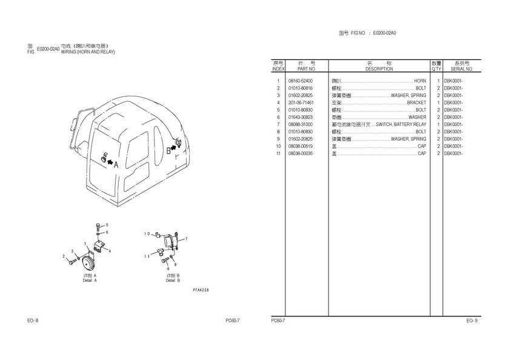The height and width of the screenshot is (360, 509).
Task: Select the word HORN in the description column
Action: pyautogui.click(x=419, y=81)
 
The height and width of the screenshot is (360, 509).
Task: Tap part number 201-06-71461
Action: pyautogui.click(x=301, y=102)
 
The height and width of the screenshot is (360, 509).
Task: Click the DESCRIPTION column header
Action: pyautogui.click(x=379, y=69)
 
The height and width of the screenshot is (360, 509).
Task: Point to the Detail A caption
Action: pyautogui.click(x=90, y=280)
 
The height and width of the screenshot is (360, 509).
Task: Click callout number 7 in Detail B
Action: pyautogui.click(x=187, y=239)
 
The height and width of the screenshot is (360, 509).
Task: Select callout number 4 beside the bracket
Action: pyautogui.click(x=110, y=250)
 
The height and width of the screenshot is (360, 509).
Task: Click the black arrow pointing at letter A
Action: pyautogui.click(x=110, y=162)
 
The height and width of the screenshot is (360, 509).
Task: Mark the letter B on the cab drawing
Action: pyautogui.click(x=168, y=151)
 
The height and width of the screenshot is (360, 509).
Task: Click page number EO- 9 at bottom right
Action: pyautogui.click(x=472, y=320)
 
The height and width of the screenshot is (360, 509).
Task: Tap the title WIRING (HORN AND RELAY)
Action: pyautogui.click(x=88, y=52)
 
